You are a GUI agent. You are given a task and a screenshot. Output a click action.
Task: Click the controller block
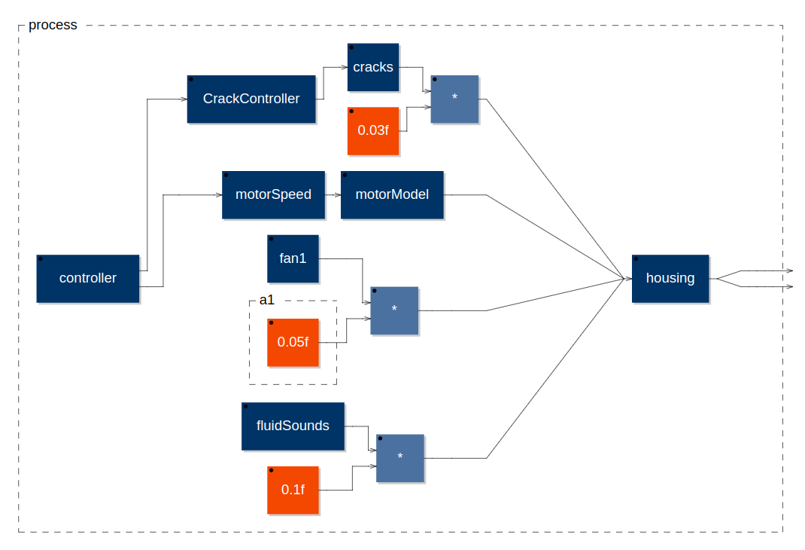coord(88,278)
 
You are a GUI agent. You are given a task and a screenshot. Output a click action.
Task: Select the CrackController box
coord(251,99)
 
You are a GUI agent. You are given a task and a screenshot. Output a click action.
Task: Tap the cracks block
coord(372,67)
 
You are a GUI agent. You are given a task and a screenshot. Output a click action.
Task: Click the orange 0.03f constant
coord(372,130)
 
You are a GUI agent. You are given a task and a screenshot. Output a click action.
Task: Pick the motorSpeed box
coord(273,194)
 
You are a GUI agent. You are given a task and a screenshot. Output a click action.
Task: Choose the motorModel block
coord(391,194)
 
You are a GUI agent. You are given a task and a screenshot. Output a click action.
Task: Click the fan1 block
coord(293,258)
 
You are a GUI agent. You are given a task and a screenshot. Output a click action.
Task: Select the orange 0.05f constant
coord(293,342)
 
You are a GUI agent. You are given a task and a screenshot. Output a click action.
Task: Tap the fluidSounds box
coord(293,426)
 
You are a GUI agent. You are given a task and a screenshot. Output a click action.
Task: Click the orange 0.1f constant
coord(293,490)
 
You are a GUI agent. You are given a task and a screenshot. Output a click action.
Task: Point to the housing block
coord(670,278)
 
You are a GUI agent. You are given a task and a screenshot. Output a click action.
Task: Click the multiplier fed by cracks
coord(454,99)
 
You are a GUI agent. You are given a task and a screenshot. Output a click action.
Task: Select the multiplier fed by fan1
coord(393,310)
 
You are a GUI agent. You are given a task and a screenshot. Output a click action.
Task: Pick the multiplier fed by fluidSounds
coord(399,457)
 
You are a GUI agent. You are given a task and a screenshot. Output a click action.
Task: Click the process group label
coord(53,25)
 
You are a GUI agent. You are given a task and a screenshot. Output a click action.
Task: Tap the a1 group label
coord(266,300)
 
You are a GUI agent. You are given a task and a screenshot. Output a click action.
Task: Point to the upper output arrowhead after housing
coord(789,270)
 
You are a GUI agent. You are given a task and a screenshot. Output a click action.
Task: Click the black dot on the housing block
coord(636,258)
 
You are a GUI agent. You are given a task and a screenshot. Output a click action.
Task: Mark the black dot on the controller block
coord(41,258)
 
